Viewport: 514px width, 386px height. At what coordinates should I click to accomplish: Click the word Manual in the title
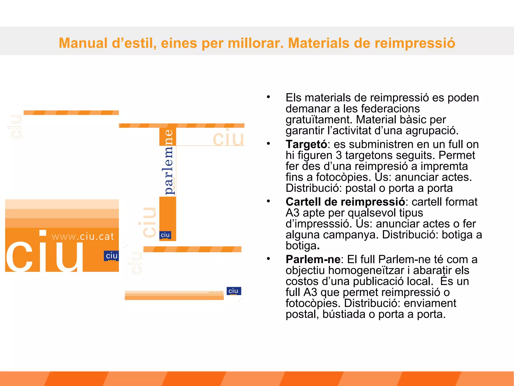coord(83,43)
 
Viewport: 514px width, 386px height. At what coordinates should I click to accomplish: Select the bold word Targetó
coord(306,144)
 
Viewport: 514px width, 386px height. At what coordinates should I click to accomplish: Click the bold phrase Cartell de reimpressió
coord(345,202)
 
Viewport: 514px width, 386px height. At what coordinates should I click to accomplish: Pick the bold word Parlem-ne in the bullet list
coord(313,259)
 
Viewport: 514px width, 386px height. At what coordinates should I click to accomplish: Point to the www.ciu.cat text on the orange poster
coord(83,236)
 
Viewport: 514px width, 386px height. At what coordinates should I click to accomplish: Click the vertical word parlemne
coord(168,162)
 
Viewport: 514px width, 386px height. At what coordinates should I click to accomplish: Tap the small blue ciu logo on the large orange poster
coord(111,256)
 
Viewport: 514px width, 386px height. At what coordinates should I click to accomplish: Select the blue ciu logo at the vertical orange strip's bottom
coord(165,235)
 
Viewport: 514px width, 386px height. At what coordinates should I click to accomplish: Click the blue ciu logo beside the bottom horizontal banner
coord(233,291)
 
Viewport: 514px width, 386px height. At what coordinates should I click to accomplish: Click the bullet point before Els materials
coord(268,97)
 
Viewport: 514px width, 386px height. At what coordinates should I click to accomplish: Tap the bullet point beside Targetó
coord(268,143)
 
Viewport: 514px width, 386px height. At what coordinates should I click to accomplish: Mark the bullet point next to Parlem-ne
coord(268,259)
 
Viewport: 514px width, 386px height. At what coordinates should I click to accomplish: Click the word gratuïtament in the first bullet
coord(318,120)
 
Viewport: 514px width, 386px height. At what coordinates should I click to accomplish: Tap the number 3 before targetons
coord(339,155)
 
